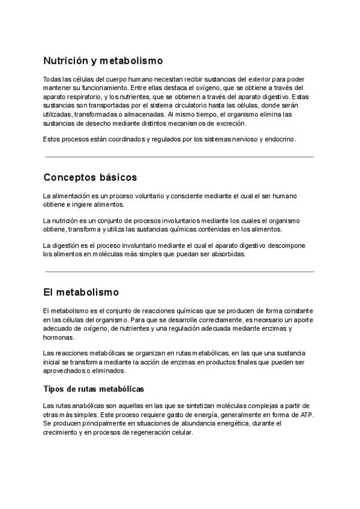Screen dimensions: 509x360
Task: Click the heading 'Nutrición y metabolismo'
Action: tap(103, 61)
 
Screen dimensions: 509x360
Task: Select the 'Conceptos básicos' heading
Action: tap(90, 178)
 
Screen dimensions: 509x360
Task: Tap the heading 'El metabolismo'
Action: tap(81, 292)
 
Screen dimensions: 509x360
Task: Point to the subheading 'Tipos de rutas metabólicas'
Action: tap(93, 390)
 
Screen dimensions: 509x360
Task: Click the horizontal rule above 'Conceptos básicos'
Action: tap(179, 157)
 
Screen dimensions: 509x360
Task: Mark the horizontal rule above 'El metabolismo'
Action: tap(179, 272)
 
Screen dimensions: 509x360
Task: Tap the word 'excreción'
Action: tap(229, 123)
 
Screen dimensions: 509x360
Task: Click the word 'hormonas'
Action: tap(58, 337)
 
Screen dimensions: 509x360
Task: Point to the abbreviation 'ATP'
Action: tap(305, 415)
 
